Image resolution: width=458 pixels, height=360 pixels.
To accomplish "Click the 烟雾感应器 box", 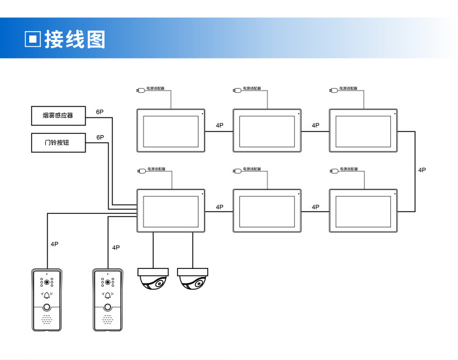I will click(58, 116).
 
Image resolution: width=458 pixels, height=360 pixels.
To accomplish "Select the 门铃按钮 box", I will click(58, 142).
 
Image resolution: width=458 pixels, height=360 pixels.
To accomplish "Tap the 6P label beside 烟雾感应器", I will click(100, 112).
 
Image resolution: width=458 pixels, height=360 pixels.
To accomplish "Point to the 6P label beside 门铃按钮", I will click(100, 138).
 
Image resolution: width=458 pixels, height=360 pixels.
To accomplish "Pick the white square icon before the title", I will click(33, 39).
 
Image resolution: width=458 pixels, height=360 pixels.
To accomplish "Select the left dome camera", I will click(153, 278).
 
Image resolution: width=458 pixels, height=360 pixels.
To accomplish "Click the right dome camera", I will click(193, 278).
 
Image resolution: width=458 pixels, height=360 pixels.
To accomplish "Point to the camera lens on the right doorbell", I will click(108, 282).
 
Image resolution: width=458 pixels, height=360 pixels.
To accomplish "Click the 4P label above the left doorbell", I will click(54, 244).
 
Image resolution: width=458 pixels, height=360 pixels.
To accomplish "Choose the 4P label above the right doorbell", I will click(116, 248).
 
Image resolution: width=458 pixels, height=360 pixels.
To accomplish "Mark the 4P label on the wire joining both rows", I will click(422, 170).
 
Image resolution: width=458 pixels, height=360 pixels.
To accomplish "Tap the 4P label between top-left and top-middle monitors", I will click(219, 126).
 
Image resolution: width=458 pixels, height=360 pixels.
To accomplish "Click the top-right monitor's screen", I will click(363, 131).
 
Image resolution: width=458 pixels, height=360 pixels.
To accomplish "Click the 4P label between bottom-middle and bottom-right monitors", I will click(316, 207).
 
